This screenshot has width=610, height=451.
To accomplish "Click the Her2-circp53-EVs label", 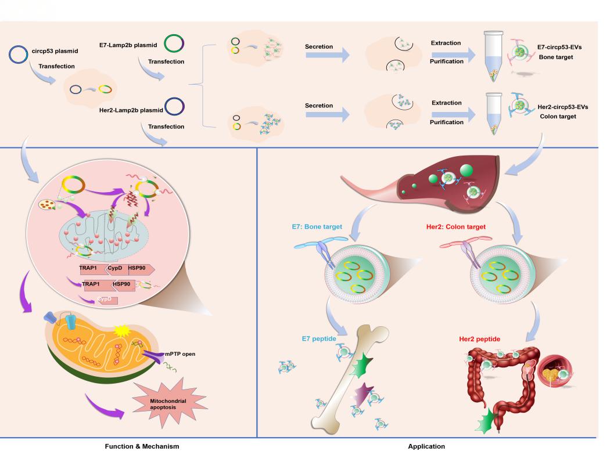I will (563, 108).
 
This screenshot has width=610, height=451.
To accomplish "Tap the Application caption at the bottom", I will (426, 446).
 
